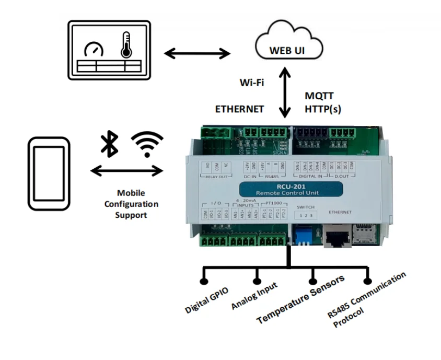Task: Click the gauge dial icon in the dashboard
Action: coord(94,50)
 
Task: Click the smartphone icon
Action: coord(49,174)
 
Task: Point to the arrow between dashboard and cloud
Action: coord(197,53)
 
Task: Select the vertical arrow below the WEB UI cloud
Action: coord(285,95)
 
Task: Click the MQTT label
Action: coord(319,96)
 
